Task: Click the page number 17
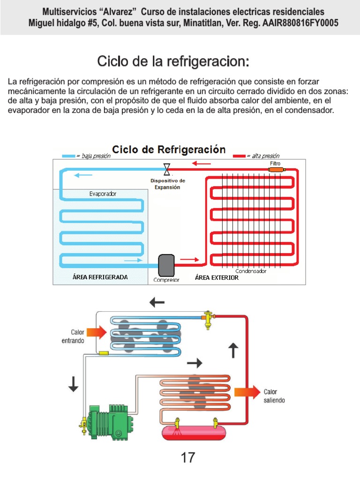(188, 457)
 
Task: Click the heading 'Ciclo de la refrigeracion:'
(173, 61)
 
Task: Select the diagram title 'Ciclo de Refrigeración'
(169, 150)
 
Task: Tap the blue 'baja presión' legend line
(68, 156)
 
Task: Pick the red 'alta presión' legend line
(239, 156)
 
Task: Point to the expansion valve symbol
(166, 169)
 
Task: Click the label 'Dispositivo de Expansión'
(167, 184)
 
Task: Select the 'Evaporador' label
(103, 194)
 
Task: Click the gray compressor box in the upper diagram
(166, 265)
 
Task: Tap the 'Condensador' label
(251, 271)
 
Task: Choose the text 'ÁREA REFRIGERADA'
(100, 277)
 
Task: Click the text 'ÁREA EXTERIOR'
(217, 277)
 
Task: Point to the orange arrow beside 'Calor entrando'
(97, 332)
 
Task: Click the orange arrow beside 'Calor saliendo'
(247, 392)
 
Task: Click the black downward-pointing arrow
(74, 383)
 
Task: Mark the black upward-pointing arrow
(233, 350)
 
